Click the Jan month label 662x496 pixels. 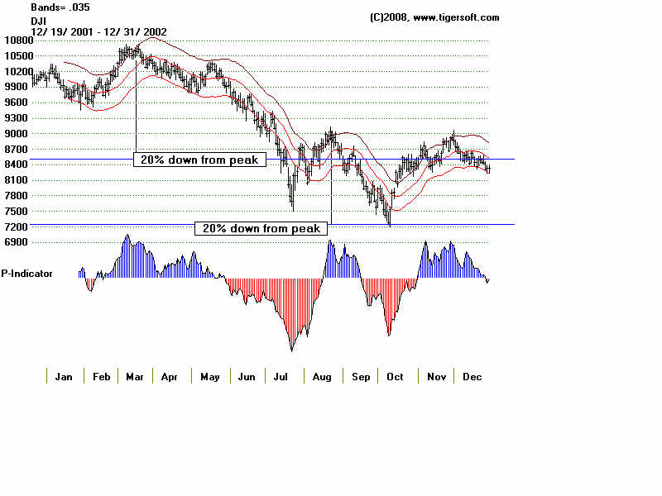pos(64,377)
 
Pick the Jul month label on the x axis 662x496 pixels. pos(282,377)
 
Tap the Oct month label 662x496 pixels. pos(395,377)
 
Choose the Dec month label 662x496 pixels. pos(472,377)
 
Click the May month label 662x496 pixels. pos(209,377)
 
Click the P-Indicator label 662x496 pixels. pos(27,273)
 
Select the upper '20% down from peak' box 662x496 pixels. pos(199,160)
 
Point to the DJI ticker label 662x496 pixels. pos(38,19)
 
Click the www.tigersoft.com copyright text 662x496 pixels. pos(434,17)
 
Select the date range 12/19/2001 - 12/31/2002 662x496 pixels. pos(99,31)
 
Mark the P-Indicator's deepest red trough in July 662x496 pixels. pos(291,349)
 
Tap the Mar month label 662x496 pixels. pos(134,377)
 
